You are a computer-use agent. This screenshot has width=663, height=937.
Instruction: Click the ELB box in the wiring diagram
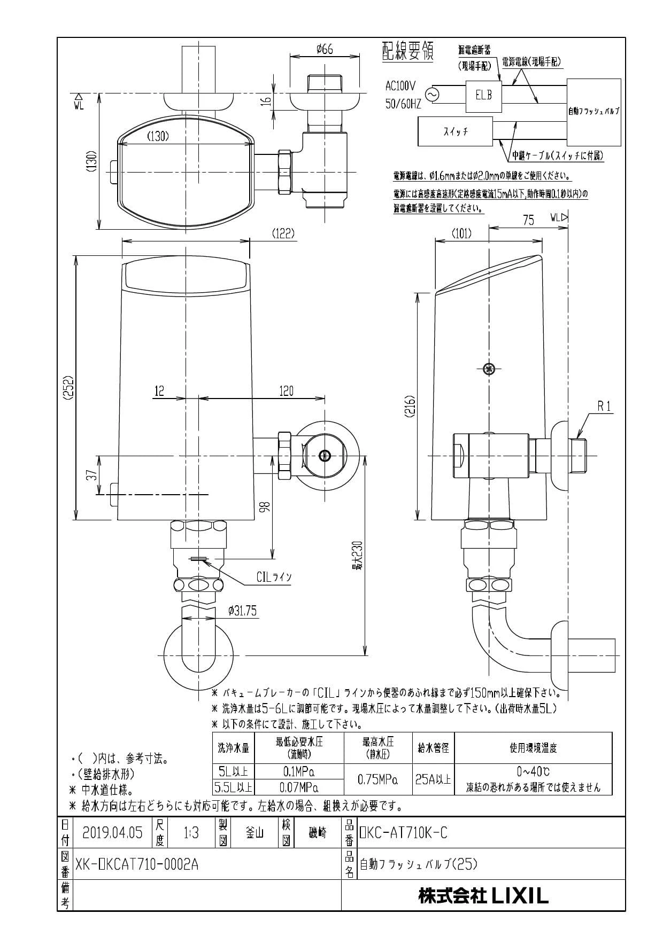[484, 96]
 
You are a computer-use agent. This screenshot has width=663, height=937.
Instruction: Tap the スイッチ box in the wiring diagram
[455, 132]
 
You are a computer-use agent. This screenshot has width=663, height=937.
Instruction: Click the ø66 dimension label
[325, 49]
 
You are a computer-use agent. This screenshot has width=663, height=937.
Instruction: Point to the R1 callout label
[604, 407]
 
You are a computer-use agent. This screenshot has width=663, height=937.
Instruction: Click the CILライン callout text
[274, 577]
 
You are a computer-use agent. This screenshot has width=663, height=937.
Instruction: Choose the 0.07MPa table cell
[299, 787]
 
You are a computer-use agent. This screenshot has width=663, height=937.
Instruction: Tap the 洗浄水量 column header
[234, 748]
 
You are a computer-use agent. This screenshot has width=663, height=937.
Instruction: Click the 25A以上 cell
[433, 779]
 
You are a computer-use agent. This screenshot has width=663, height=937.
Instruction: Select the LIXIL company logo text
[520, 894]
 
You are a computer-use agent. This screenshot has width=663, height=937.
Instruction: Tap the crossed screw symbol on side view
[488, 369]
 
